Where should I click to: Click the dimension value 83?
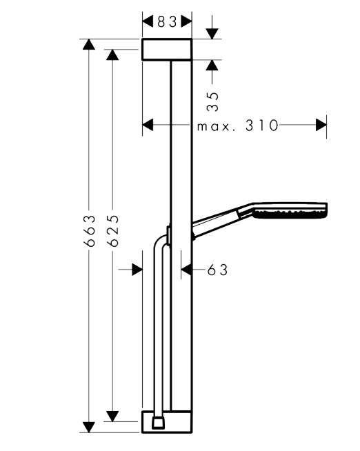(167, 22)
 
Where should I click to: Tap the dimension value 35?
(213, 101)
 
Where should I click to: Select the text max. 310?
(238, 126)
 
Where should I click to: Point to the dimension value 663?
(90, 231)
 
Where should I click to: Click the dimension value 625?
(112, 231)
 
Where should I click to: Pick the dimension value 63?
(217, 270)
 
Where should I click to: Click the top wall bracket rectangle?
(167, 50)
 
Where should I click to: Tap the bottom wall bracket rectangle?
(167, 422)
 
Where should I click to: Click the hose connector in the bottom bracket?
(159, 422)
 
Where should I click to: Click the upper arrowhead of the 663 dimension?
(89, 44)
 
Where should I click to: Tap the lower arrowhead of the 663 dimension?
(89, 427)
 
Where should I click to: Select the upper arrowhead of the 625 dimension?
(112, 54)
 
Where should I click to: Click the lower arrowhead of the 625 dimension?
(112, 417)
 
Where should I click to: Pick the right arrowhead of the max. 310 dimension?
(321, 125)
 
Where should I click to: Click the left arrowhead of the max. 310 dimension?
(148, 125)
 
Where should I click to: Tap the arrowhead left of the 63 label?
(186, 270)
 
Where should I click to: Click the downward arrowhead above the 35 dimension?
(212, 34)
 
